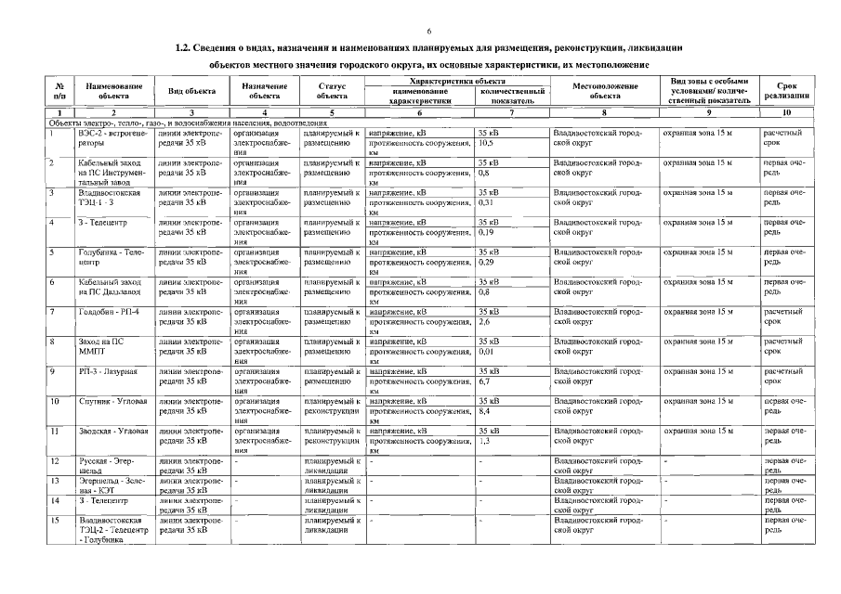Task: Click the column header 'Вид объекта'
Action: pyautogui.click(x=191, y=92)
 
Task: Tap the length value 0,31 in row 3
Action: pyautogui.click(x=486, y=202)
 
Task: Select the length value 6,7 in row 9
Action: pyautogui.click(x=484, y=381)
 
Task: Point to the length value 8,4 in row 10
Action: pyautogui.click(x=484, y=410)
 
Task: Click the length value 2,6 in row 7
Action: pyautogui.click(x=484, y=321)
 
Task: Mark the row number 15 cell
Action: pyautogui.click(x=55, y=520)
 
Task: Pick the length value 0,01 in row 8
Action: pyautogui.click(x=486, y=351)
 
